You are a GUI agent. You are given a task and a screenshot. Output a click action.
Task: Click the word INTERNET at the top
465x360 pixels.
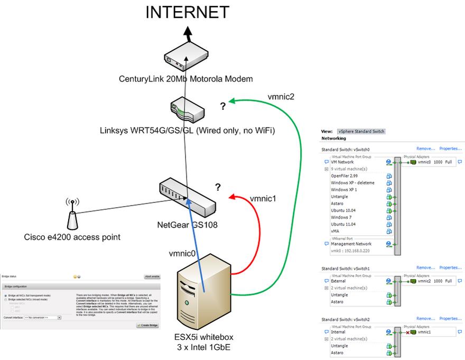pos(188,12)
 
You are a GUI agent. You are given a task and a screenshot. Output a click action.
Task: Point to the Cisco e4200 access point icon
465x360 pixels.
pos(73,215)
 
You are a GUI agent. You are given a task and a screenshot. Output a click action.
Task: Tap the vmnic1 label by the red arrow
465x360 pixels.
pos(263,199)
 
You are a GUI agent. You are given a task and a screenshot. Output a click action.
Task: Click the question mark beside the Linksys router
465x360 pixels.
pos(223,106)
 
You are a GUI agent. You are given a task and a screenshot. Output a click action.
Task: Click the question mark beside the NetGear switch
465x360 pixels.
pos(217,187)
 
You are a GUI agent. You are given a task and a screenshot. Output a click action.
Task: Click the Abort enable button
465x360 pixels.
pos(152,276)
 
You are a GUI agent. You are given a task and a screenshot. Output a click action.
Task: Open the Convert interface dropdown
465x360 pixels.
pos(43,318)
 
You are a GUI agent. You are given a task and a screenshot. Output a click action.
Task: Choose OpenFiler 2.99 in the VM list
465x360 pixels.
pos(343,176)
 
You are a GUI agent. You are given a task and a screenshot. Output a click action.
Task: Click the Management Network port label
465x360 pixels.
pos(351,244)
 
